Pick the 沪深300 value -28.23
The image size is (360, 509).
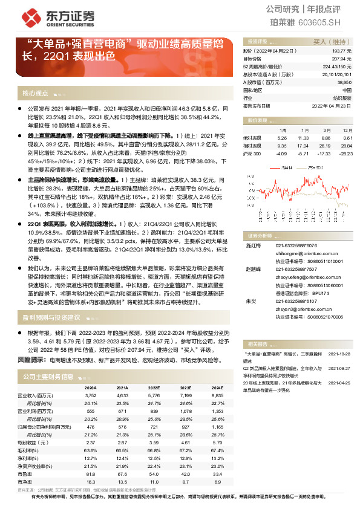(x=345, y=154)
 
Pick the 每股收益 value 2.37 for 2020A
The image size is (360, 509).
(x=91, y=441)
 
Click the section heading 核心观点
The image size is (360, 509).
(x=34, y=94)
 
